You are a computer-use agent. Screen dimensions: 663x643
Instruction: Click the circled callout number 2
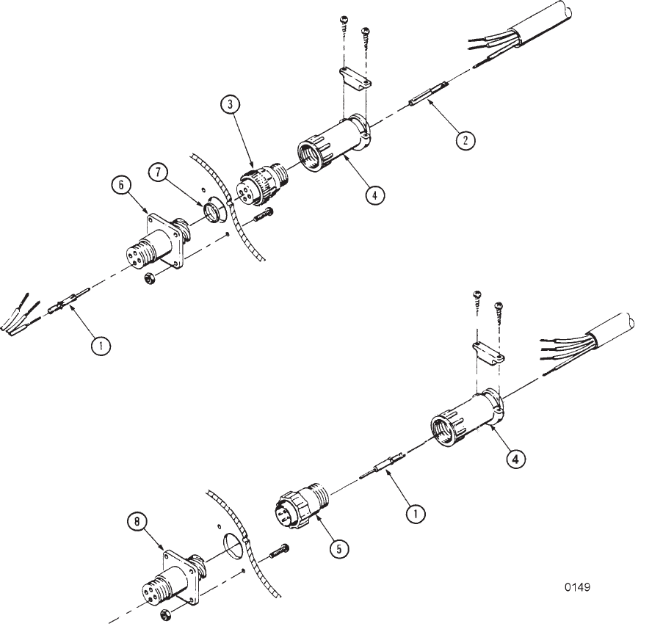tap(465, 140)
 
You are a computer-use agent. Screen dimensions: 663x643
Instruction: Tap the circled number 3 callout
tap(230, 105)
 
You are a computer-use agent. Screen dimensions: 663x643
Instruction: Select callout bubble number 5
tap(339, 549)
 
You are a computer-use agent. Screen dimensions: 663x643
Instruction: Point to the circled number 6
tap(121, 185)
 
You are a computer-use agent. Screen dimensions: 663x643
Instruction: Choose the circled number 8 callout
tap(137, 522)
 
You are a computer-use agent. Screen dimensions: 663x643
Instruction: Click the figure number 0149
tap(577, 587)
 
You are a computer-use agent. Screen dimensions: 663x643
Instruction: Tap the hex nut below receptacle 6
tap(150, 278)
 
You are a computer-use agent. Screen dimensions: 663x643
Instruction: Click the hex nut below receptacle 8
tap(166, 615)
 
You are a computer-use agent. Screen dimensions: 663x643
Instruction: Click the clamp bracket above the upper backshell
tap(355, 79)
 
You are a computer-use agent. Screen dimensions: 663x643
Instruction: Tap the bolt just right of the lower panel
tap(279, 551)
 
